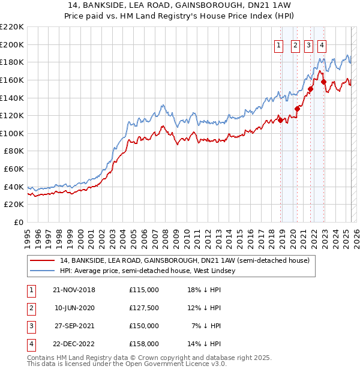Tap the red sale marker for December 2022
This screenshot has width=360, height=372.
(323, 82)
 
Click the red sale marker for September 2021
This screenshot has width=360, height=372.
(310, 89)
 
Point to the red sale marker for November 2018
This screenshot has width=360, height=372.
(280, 120)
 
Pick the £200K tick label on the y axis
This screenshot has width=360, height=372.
(12, 44)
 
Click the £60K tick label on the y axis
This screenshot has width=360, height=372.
(14, 169)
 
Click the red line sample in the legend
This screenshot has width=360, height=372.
(41, 261)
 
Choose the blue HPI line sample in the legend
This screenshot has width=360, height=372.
(41, 271)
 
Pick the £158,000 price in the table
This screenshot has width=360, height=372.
(144, 344)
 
